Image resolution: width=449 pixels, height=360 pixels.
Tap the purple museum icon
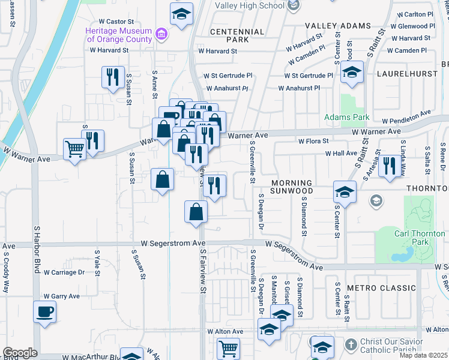[161, 34]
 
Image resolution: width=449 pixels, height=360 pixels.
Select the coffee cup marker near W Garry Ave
[45, 312]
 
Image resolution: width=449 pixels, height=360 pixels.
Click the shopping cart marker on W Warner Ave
[74, 148]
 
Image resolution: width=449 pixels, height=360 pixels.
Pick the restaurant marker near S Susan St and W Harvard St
[112, 77]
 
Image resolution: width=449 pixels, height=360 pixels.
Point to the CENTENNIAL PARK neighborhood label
[237, 35]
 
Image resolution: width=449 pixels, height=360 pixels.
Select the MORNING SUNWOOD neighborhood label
[292, 187]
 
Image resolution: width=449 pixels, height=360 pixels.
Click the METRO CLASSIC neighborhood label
[381, 288]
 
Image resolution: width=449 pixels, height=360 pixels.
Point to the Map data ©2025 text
[423, 355]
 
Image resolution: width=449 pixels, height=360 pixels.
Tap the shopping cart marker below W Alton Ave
[228, 349]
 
